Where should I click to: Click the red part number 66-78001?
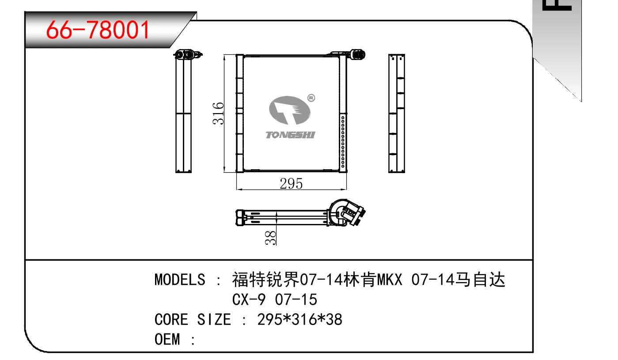coord(98,30)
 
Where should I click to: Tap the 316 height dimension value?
coord(218,114)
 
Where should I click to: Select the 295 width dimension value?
coord(291,183)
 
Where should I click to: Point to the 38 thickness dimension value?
coord(270,238)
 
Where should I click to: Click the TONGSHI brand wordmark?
coord(290,135)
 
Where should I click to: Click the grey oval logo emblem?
coord(290,110)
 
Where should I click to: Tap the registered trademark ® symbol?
coord(311,98)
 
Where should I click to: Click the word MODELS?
coord(180,280)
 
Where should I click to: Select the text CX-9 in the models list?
coord(249,299)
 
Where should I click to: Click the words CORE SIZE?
coord(193,319)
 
